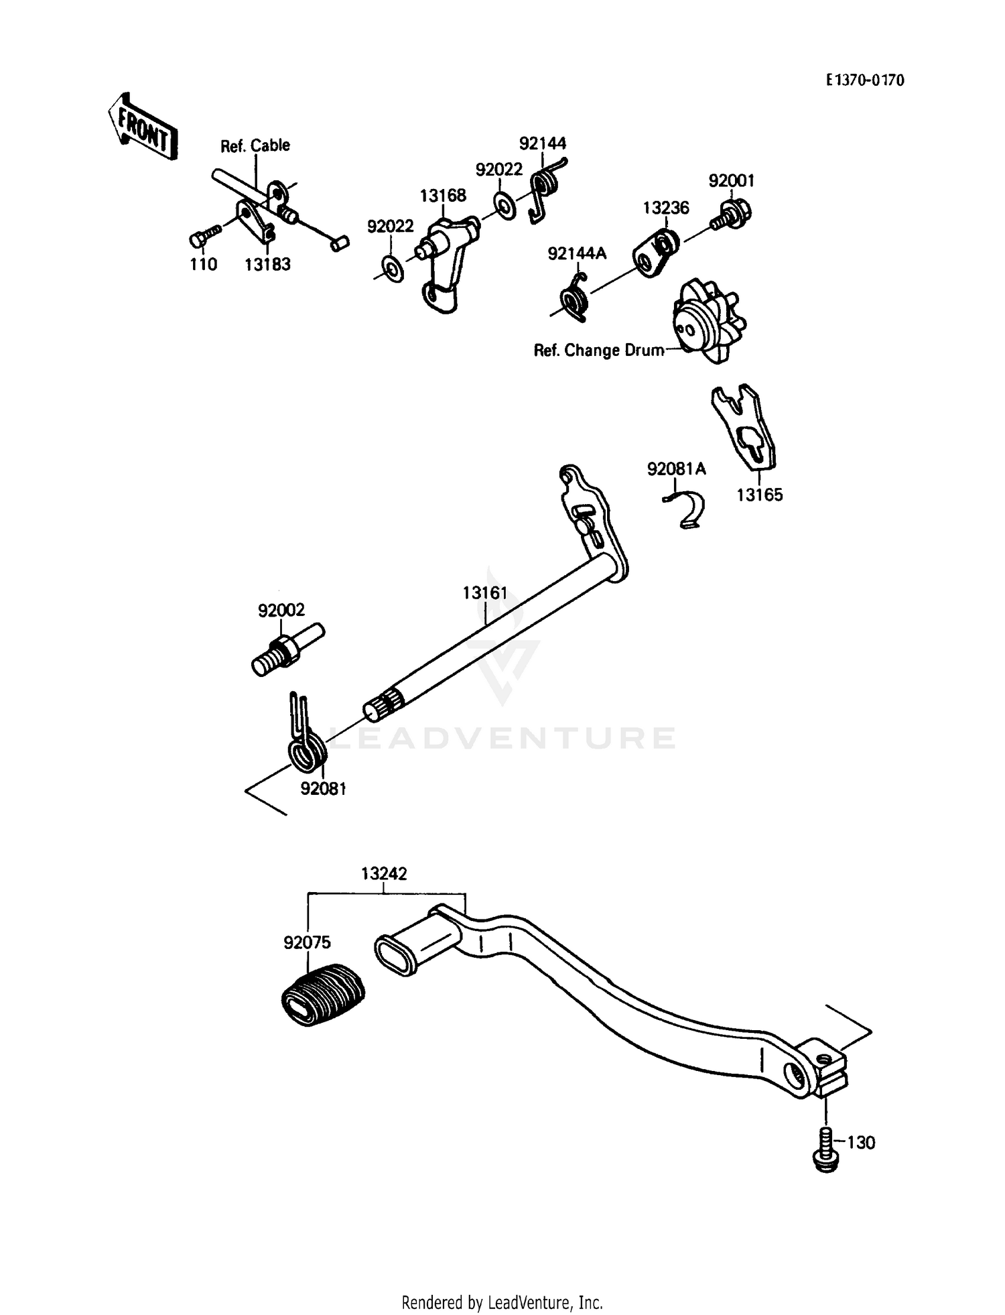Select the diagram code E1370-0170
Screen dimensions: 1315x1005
(864, 81)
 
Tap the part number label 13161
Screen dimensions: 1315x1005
(484, 593)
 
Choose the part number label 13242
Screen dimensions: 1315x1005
(384, 874)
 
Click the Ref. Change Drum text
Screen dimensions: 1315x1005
(598, 351)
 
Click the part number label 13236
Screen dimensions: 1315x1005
(666, 208)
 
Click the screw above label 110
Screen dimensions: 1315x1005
(205, 237)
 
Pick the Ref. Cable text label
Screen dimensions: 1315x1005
(255, 146)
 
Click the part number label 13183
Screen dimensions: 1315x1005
(267, 265)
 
